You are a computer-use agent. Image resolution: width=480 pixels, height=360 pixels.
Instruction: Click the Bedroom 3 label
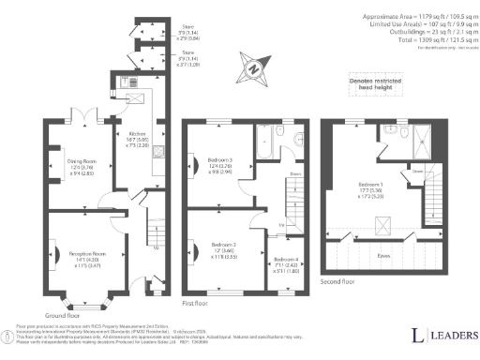point(219,160)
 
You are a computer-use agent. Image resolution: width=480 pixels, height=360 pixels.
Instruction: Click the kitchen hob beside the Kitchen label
point(159,154)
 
